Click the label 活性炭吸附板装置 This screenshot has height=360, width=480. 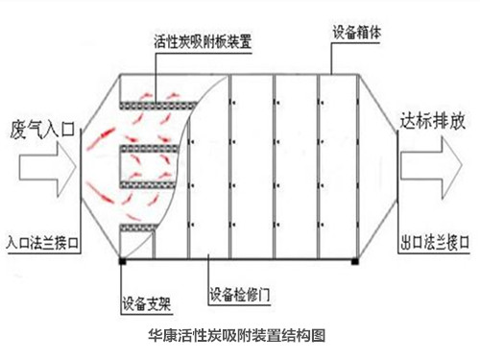coord(203,43)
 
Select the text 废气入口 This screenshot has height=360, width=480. coord(39,129)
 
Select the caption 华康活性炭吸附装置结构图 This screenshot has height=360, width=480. coord(240,337)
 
